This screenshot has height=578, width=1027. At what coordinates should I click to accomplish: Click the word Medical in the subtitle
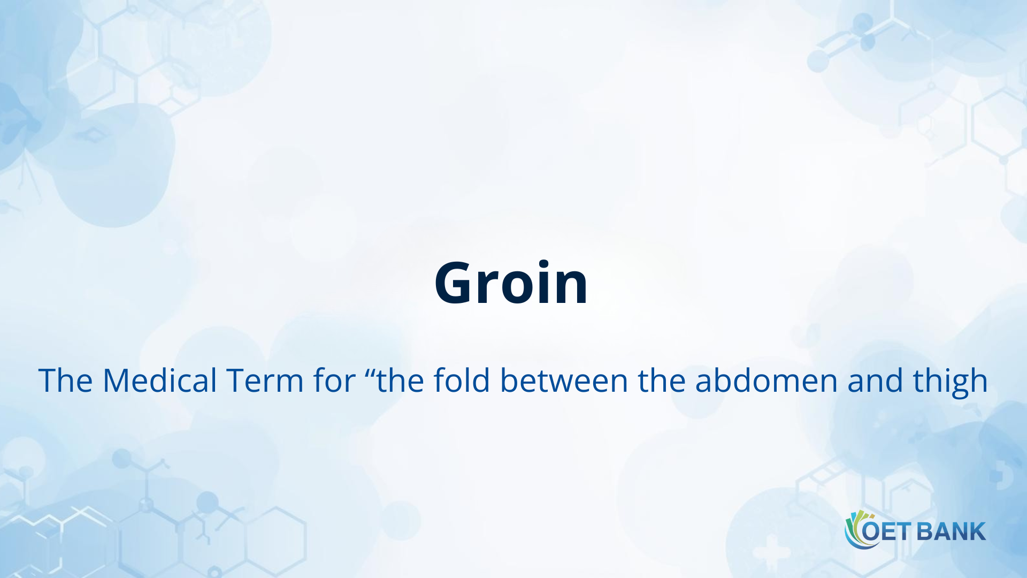[x=159, y=381]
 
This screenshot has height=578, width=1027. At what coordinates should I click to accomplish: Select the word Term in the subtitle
[x=265, y=381]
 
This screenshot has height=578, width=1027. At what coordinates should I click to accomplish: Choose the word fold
[x=462, y=381]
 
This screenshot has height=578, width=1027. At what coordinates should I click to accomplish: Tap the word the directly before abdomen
[x=662, y=381]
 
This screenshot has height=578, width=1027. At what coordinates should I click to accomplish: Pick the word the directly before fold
[x=400, y=381]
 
